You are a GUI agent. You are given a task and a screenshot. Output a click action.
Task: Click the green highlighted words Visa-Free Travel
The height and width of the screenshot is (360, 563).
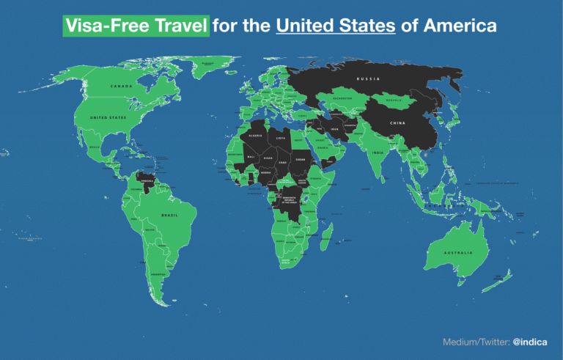(x=136, y=27)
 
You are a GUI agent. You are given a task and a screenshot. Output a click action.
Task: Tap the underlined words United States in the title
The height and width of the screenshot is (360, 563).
(x=336, y=27)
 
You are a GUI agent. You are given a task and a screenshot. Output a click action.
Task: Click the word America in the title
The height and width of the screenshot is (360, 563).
(x=460, y=27)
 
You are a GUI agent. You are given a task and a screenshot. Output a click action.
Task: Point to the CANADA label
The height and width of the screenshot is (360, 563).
(x=121, y=87)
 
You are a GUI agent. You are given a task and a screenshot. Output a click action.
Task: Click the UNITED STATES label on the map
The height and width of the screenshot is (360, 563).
(x=108, y=117)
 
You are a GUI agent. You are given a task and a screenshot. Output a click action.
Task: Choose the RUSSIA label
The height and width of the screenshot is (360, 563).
(x=368, y=78)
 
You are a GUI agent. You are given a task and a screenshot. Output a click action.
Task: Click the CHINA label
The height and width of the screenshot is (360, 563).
(x=397, y=122)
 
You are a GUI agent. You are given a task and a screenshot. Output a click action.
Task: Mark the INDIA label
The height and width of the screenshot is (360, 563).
(x=378, y=153)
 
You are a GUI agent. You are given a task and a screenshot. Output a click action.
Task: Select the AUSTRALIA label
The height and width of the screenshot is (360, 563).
(x=457, y=253)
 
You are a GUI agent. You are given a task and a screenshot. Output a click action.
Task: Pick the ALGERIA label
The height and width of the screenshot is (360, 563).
(x=256, y=136)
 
